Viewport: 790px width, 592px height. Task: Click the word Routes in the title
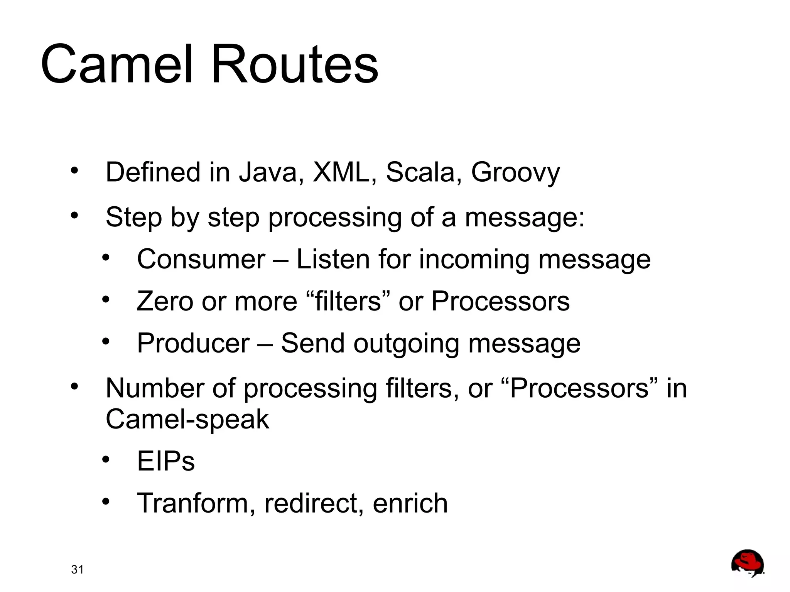coord(295,64)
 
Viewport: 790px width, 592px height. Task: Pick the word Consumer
coord(201,259)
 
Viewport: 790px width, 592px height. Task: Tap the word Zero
coord(165,301)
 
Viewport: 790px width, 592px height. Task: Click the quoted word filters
coord(348,301)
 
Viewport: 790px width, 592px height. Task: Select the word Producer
coord(193,343)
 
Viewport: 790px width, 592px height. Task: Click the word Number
coord(155,388)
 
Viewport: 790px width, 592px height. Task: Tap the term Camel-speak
coord(187,420)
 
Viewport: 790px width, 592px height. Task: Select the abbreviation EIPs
coord(166,461)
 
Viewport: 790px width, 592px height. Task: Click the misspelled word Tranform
coord(196,503)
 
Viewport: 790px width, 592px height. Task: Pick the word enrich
coord(410,503)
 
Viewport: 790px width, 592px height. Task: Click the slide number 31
coord(77,570)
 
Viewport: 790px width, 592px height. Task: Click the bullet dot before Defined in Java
coord(74,170)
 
